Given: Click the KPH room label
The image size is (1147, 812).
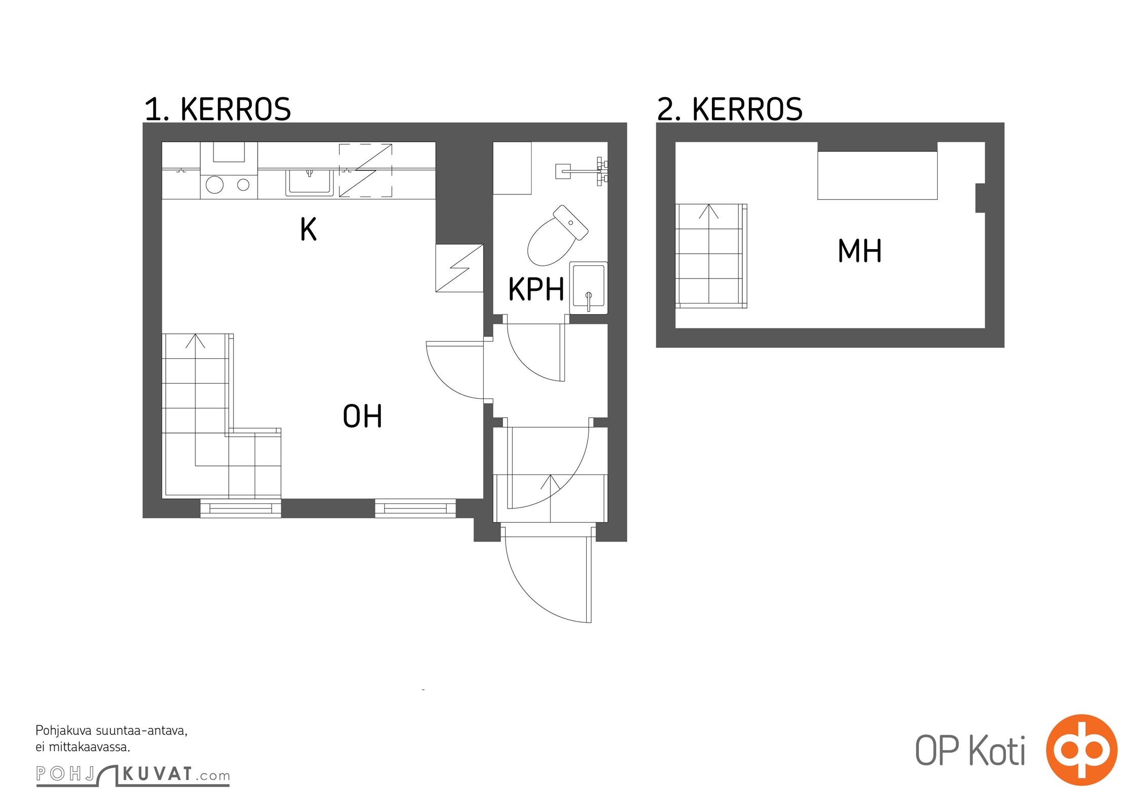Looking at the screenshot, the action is point(536,289).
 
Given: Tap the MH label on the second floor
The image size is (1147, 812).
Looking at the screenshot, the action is point(859,251).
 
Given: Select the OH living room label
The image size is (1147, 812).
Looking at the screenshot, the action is point(362,416).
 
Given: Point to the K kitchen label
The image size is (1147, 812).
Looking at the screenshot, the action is point(308,229).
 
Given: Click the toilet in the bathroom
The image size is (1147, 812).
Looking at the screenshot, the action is point(557,235).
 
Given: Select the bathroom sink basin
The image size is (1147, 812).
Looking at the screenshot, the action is point(588,288).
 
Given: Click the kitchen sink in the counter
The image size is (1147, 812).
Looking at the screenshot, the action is point(309,182).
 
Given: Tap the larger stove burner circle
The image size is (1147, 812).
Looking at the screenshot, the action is point(215,185).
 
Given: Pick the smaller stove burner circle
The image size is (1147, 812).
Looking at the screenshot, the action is point(243,185).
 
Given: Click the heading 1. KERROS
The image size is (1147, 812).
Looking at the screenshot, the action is point(218,109).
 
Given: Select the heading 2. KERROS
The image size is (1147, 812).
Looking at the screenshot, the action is point(730,109).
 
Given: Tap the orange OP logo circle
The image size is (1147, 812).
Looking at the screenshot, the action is point(1082,750).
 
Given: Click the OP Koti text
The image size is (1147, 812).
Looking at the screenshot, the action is point(970,751).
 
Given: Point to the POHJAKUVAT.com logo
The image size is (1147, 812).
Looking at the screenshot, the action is point(133,774).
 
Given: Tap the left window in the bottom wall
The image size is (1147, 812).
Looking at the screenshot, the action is point(241,508).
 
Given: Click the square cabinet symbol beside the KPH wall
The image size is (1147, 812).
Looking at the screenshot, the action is point(459,268).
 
